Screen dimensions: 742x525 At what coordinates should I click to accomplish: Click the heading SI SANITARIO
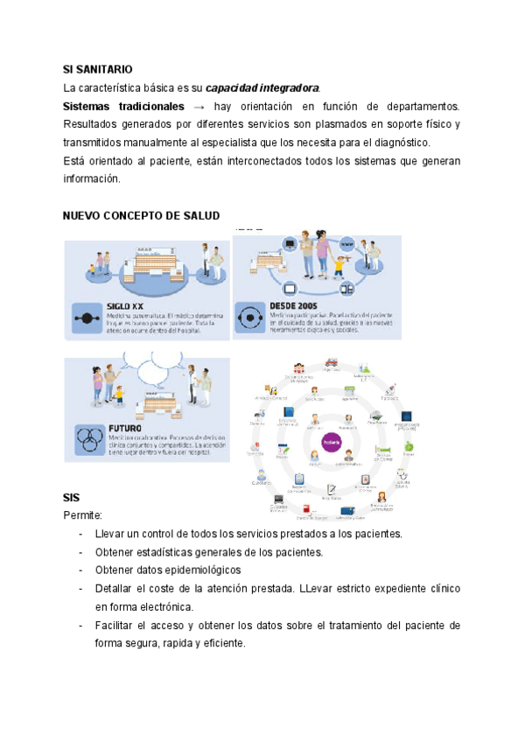tap(98, 68)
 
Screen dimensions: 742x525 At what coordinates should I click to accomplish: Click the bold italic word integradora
tap(284, 87)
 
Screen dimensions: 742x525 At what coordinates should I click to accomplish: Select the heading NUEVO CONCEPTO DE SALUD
tap(142, 215)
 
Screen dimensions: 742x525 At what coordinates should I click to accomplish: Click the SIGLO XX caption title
tap(126, 305)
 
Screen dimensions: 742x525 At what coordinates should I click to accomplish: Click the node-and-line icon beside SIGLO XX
tap(87, 316)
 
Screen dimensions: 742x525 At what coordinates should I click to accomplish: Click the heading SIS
tap(72, 497)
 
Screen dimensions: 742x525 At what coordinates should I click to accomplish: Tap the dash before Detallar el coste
tap(80, 588)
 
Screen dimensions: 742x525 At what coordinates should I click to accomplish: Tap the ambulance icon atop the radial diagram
tap(332, 361)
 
